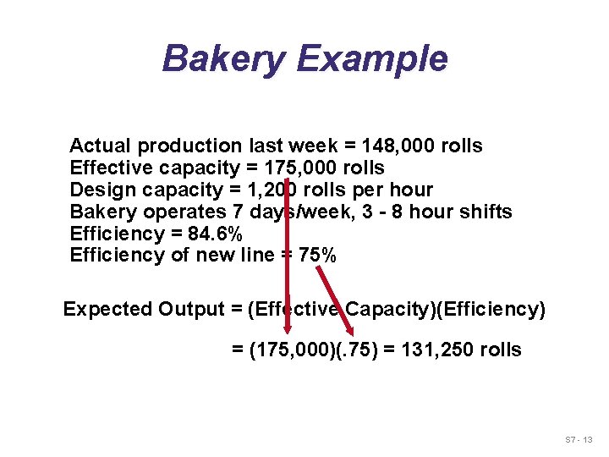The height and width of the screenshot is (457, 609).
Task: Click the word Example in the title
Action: click(x=372, y=58)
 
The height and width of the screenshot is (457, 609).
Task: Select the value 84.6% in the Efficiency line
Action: click(x=215, y=234)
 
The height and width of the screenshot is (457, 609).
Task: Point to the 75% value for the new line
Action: click(x=318, y=256)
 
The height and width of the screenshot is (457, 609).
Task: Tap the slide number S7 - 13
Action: click(x=581, y=440)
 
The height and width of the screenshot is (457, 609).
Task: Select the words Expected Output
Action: click(x=144, y=309)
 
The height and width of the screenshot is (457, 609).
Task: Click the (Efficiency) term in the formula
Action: click(x=490, y=309)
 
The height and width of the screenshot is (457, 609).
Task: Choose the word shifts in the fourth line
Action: click(x=486, y=212)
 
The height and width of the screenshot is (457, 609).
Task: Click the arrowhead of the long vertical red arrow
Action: click(x=288, y=338)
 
